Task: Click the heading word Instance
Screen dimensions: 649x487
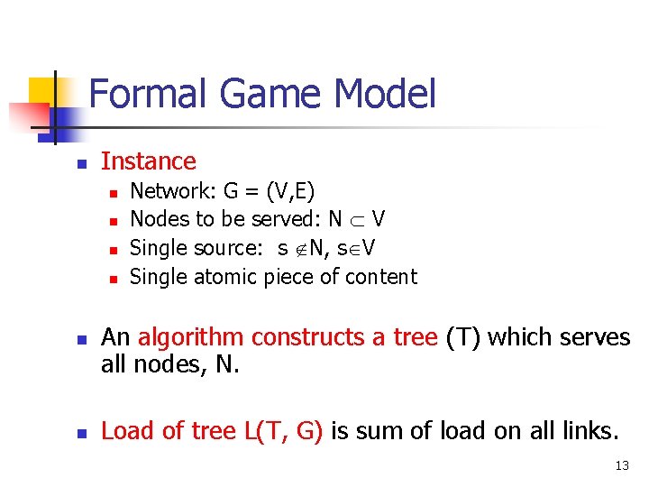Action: point(149,161)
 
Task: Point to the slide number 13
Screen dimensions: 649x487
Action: point(622,465)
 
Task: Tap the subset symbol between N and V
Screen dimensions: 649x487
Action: point(356,220)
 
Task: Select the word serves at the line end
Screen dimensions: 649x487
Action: point(596,337)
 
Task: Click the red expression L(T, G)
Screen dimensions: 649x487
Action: point(283,431)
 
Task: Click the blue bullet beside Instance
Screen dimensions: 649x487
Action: point(79,164)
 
